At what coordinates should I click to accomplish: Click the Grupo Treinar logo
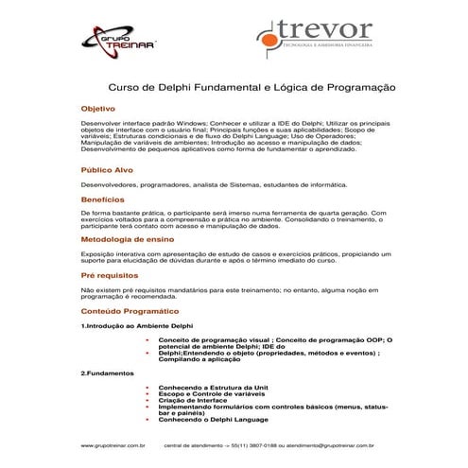point(120,40)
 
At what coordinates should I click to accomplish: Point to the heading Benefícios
point(103,199)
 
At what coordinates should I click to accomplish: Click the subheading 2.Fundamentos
point(109,373)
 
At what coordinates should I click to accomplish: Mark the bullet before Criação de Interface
point(148,400)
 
